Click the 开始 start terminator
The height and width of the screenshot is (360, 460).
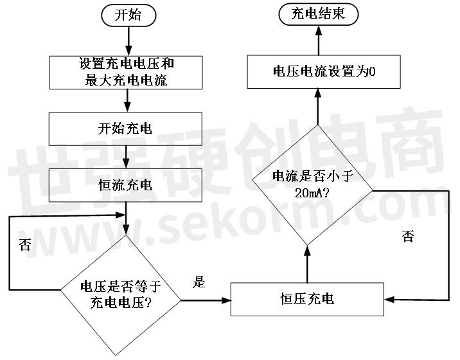coord(128,15)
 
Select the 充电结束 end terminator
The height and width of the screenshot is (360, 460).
coord(318,14)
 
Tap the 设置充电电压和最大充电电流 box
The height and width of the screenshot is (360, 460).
coord(126,73)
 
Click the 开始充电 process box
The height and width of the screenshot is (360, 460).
coord(125,129)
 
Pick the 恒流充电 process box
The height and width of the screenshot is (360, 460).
coord(125,185)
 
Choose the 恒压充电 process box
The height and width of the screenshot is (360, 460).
coord(307,299)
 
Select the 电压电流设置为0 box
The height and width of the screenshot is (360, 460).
coord(324,71)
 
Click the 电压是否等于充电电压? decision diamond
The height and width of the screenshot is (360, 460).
coord(121,295)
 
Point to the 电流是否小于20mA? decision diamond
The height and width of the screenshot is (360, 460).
coord(313,185)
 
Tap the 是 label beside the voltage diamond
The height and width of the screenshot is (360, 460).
coord(199,282)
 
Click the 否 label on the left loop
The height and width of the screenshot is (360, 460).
coord(24,244)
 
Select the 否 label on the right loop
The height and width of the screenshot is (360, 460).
coord(408,236)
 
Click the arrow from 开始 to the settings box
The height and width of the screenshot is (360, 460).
coord(128,40)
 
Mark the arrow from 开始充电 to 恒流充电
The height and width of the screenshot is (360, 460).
coord(126,157)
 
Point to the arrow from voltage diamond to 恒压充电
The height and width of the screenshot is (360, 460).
coord(206,300)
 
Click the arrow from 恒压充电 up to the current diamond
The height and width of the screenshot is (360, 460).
coord(308,264)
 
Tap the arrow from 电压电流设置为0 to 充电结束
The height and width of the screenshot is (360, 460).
coord(319,40)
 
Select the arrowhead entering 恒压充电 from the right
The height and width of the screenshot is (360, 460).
coord(389,300)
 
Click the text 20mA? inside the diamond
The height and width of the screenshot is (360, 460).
coord(312,194)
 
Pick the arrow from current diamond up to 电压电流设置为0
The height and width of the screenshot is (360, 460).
coord(318,107)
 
